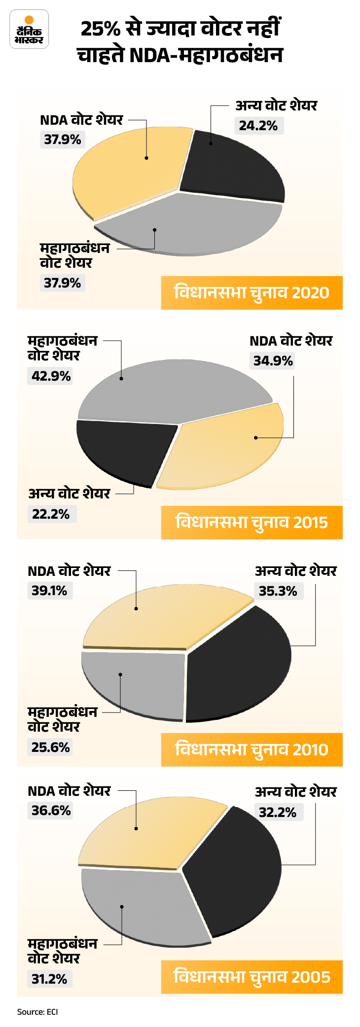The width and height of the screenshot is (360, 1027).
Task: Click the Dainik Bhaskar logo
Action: pyautogui.click(x=29, y=30)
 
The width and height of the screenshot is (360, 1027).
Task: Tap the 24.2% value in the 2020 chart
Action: pyautogui.click(x=258, y=126)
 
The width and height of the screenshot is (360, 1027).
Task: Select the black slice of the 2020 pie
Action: pyautogui.click(x=232, y=165)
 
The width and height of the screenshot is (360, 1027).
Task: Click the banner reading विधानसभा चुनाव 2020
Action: pyautogui.click(x=252, y=293)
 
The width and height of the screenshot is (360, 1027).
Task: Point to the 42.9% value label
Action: pyautogui.click(x=51, y=376)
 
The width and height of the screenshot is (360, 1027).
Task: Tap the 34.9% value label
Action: pyautogui.click(x=273, y=361)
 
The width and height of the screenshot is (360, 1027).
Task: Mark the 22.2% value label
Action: pyautogui.click(x=51, y=514)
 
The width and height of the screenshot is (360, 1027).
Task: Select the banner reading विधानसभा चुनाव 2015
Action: pyautogui.click(x=252, y=522)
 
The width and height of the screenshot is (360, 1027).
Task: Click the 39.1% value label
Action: pyautogui.click(x=49, y=591)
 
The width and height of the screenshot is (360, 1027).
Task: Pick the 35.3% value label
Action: pyautogui.click(x=278, y=591)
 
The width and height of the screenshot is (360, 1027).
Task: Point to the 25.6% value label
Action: pyautogui.click(x=50, y=747)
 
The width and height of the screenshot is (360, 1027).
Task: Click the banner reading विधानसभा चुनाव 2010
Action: pyautogui.click(x=252, y=749)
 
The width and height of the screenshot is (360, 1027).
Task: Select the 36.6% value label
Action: pyautogui.click(x=51, y=811)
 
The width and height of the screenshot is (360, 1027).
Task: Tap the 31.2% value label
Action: pyautogui.click(x=49, y=979)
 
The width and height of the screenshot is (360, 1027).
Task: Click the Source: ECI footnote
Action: pyautogui.click(x=37, y=1012)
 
